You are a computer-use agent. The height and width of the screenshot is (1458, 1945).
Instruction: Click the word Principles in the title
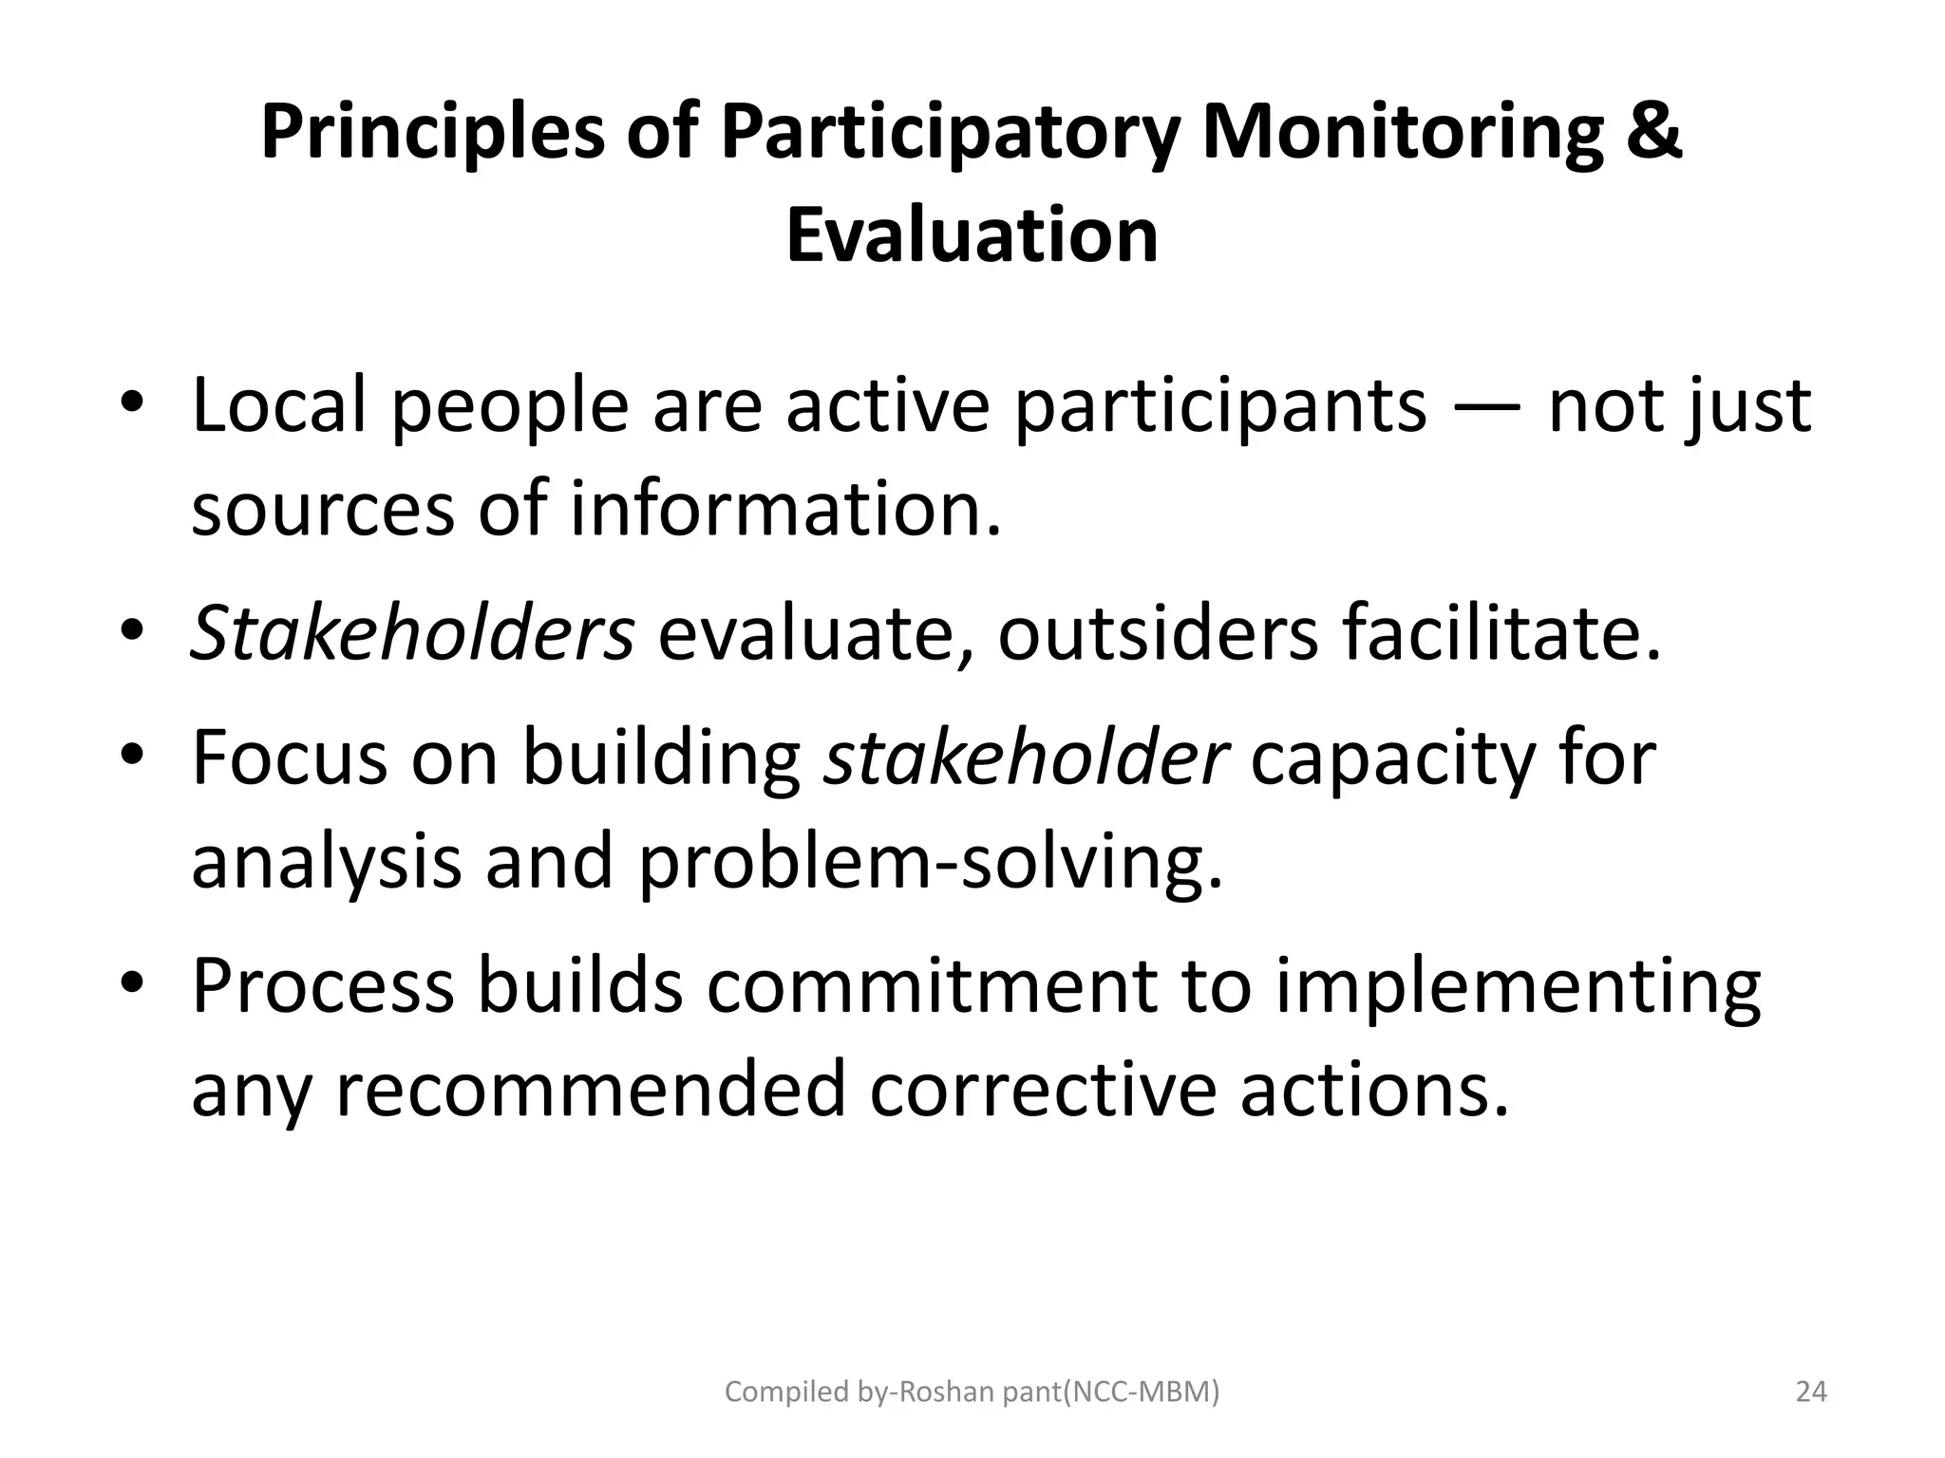(x=432, y=133)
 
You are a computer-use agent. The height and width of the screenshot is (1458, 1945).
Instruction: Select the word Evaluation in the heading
(x=972, y=235)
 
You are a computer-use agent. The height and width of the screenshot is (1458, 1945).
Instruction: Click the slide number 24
(x=1811, y=1393)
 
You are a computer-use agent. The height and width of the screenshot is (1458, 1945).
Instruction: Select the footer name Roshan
(x=939, y=1393)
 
